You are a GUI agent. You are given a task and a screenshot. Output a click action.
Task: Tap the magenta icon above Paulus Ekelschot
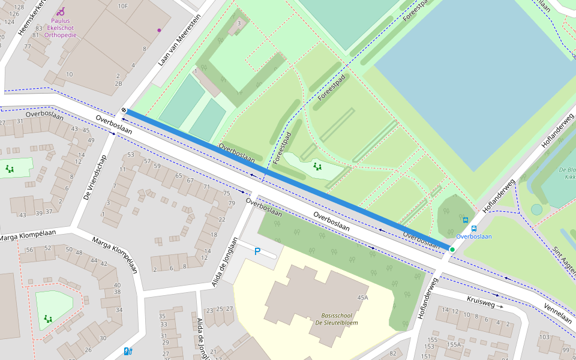click(61, 11)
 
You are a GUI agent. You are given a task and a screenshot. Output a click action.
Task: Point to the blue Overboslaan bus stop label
click(473, 236)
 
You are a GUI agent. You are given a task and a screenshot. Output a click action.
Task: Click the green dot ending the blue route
click(452, 249)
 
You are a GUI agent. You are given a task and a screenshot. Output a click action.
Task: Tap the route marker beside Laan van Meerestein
click(123, 110)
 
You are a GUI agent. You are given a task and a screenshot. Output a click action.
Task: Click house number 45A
click(362, 298)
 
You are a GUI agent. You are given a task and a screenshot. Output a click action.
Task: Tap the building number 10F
click(123, 7)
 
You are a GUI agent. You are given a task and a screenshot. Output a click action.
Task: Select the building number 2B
click(118, 83)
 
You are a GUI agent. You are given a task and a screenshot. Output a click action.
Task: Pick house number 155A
click(453, 344)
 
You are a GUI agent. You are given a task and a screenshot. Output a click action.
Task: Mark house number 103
click(544, 337)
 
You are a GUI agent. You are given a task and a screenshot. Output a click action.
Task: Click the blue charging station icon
click(128, 351)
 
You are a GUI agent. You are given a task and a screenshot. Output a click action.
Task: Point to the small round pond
click(536, 209)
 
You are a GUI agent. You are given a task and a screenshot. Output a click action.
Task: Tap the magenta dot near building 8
click(159, 30)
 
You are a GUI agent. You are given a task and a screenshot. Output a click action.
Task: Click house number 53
click(131, 155)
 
